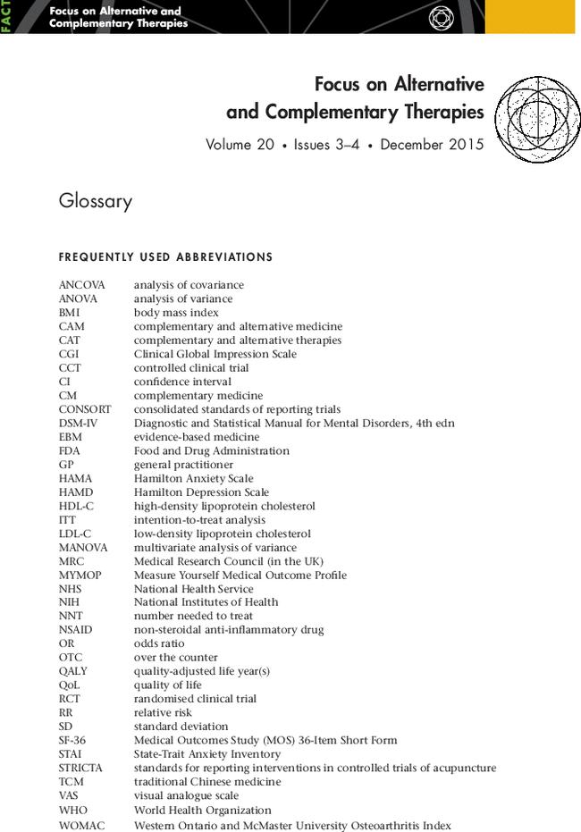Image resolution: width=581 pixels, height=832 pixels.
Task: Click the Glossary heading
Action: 95,201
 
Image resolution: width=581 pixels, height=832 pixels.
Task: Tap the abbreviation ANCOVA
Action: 81,285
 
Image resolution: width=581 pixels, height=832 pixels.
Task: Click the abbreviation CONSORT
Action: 85,409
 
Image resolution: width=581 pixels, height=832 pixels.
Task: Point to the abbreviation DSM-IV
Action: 78,423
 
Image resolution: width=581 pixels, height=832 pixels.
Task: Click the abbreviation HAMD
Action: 76,492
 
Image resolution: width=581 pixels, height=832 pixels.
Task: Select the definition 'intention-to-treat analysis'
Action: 199,519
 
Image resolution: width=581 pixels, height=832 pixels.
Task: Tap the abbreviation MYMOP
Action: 80,575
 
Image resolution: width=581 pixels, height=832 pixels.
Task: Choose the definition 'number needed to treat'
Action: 193,616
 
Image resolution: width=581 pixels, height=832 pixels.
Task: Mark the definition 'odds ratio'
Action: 159,643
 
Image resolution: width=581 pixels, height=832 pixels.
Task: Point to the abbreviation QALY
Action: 73,671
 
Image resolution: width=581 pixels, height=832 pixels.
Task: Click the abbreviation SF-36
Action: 73,740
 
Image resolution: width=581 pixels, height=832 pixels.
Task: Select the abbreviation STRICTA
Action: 80,768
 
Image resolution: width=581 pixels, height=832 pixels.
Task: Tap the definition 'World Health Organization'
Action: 202,810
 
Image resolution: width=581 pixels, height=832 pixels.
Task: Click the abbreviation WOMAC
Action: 81,826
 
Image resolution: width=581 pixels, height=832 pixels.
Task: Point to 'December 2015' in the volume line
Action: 432,144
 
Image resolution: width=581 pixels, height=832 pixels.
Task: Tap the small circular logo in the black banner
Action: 442,17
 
